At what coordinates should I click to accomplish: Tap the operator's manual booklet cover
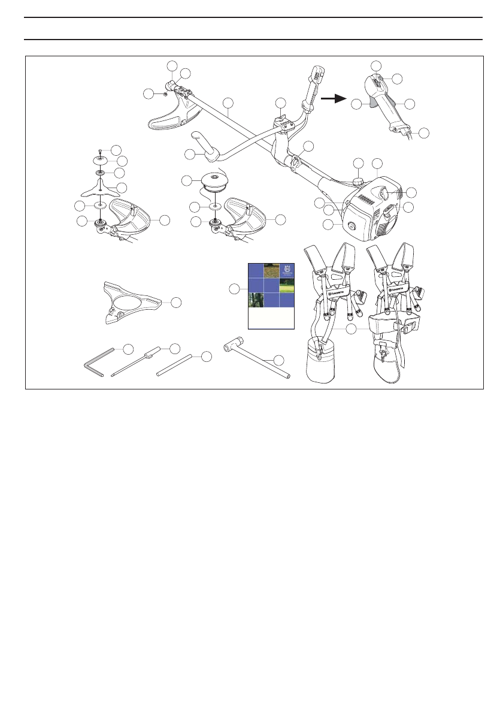point(271,295)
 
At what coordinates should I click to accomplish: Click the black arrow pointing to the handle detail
point(334,98)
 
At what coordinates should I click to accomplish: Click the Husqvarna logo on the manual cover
point(287,271)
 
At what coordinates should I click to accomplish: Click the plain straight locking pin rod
point(174,365)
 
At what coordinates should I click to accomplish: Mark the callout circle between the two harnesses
point(352,328)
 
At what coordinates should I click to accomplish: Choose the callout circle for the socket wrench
point(278,359)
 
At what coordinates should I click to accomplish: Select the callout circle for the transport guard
point(175,303)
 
